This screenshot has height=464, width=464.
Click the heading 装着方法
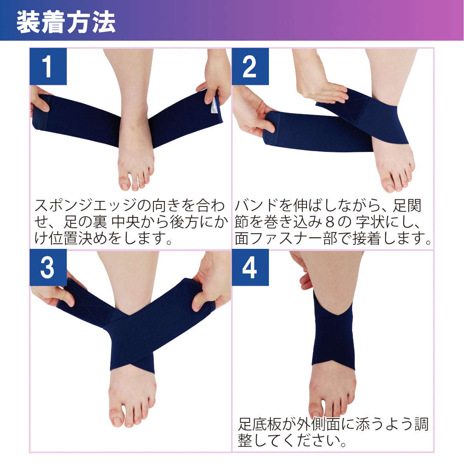[x=66, y=22]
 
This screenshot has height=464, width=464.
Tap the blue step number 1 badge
[x=48, y=66]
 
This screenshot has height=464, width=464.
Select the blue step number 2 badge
[x=250, y=66]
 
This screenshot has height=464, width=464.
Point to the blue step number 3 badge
[x=48, y=268]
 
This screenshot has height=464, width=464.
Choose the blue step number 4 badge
[x=250, y=268]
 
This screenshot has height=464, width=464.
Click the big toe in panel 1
[x=125, y=183]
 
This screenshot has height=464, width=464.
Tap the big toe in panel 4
[x=317, y=408]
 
